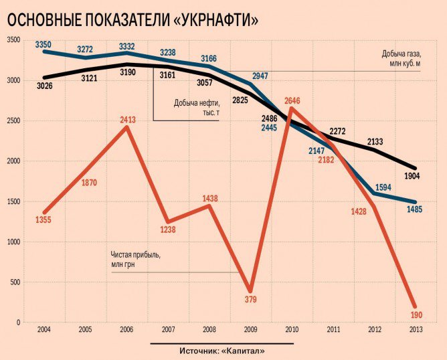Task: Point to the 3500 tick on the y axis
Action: [x=12, y=40]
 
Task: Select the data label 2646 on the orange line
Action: [x=292, y=101]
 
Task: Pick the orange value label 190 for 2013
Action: [x=415, y=315]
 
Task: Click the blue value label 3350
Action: [x=43, y=44]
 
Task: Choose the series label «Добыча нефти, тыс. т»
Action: [x=196, y=108]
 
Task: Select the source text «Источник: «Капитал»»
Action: [x=222, y=351]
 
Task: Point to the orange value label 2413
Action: [x=128, y=120]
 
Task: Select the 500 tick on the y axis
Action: [x=14, y=282]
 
